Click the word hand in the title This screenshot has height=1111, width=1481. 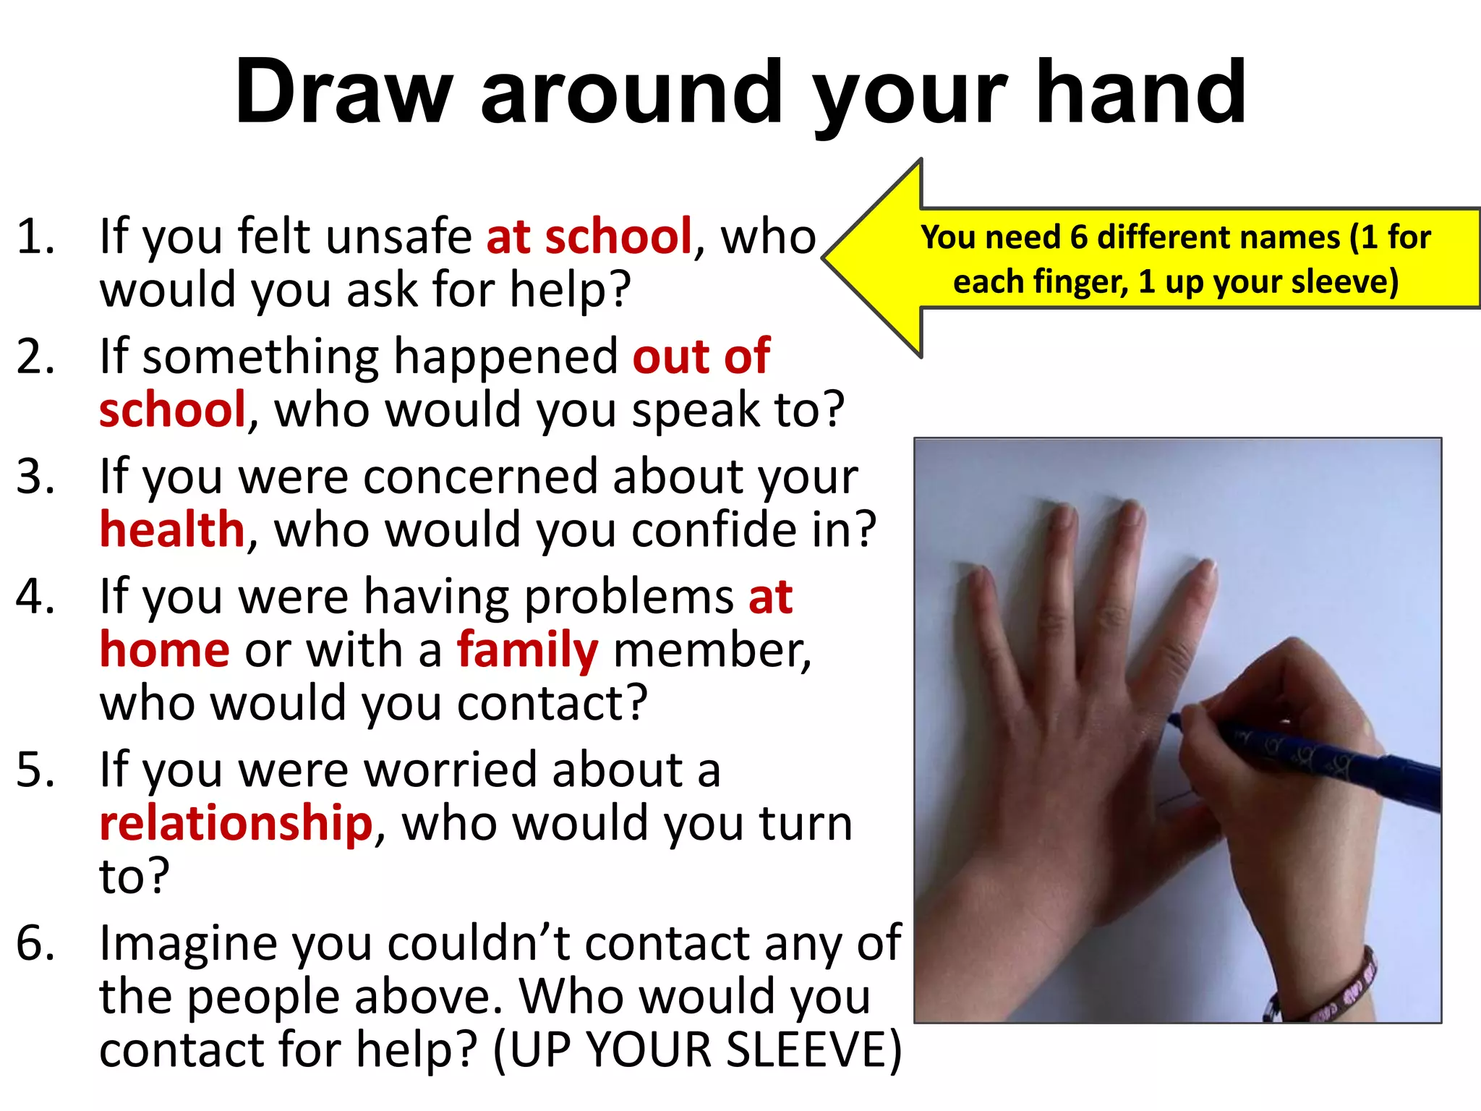(1140, 93)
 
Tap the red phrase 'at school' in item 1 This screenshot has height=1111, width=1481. (589, 237)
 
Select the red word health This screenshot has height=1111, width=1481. (172, 529)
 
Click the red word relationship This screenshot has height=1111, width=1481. (236, 823)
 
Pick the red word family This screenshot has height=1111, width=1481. (527, 650)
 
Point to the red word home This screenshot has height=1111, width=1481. (165, 650)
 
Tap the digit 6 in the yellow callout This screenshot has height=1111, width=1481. (1078, 237)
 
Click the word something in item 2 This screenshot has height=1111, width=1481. (260, 357)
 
